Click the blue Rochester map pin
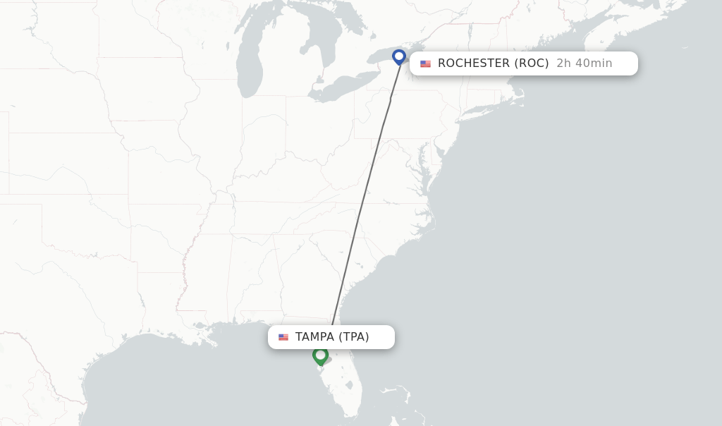coord(399,56)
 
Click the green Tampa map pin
coord(320,355)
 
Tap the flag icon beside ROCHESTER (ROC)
coord(425,63)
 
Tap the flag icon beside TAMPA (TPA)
coord(283,337)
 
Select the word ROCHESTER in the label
coord(473,63)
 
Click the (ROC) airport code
coord(532,63)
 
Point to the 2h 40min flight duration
coord(584,63)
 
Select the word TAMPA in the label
coord(314,337)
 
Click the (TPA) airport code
coord(354,337)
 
